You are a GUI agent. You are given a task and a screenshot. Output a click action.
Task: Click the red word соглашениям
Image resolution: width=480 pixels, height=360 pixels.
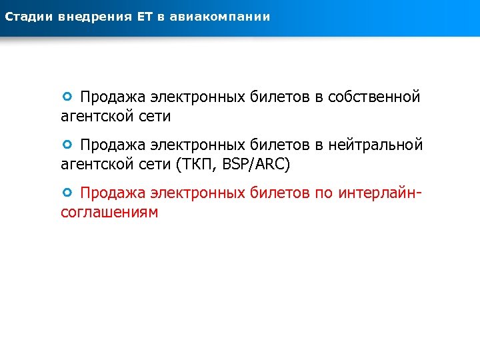(109, 213)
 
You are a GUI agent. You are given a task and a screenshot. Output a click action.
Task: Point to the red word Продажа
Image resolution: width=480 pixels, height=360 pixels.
(112, 193)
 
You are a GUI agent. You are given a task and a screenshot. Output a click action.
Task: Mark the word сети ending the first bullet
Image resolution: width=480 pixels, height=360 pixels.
(154, 117)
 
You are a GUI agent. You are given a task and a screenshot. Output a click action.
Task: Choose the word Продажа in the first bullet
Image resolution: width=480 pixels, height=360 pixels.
(112, 97)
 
